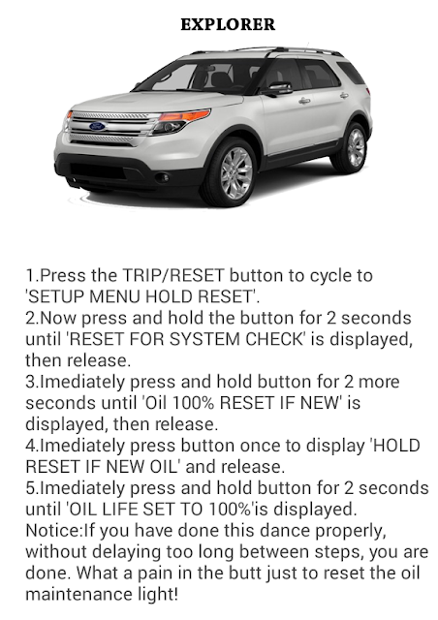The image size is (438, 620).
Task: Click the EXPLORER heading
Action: click(228, 24)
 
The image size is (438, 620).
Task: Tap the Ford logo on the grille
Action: click(97, 126)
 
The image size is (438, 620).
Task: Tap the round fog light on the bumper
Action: click(162, 178)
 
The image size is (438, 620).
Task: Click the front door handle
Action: click(304, 101)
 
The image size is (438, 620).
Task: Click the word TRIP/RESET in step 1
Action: click(173, 275)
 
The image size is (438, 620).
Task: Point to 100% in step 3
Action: click(194, 403)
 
